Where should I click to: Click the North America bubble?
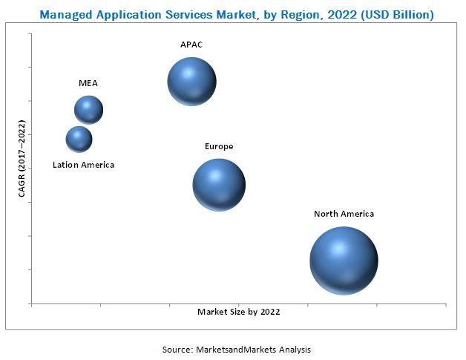coord(344,261)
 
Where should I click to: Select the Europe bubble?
coord(219,185)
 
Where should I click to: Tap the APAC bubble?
coord(191,82)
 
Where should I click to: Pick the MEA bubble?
coord(88,110)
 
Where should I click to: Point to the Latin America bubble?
coord(79,139)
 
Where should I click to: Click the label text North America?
coord(344,214)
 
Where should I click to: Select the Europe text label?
coord(219,146)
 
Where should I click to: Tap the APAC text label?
coord(191,45)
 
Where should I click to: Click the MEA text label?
coord(88,83)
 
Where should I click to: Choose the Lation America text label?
coord(83,165)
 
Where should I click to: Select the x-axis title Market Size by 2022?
coord(238,312)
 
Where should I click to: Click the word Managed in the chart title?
coord(63,15)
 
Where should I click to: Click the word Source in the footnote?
coord(178,349)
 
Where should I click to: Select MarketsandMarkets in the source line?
coord(237,349)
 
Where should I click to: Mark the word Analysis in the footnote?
coord(295,349)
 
